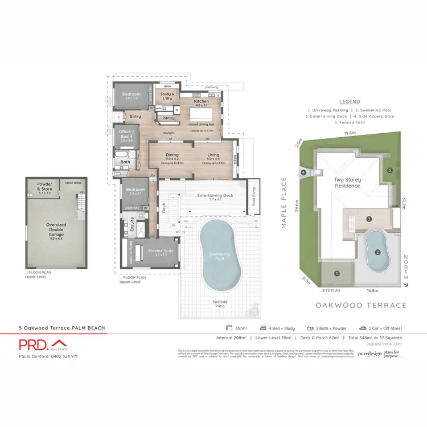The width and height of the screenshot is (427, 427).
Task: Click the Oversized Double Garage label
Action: (56, 228)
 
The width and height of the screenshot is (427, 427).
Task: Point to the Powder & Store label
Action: (44, 187)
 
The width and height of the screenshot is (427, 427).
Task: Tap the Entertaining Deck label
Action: (215, 196)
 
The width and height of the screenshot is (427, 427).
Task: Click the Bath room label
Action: (125, 162)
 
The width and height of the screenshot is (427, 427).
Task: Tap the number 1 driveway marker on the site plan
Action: (337, 274)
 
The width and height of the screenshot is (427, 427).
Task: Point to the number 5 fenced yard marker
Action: (390, 170)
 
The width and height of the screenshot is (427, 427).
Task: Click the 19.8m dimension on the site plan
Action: (350, 134)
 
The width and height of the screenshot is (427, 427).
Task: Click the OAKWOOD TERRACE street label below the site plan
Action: (361, 306)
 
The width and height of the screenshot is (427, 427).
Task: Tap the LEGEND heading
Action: (350, 101)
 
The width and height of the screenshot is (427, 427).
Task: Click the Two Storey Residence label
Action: (347, 182)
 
